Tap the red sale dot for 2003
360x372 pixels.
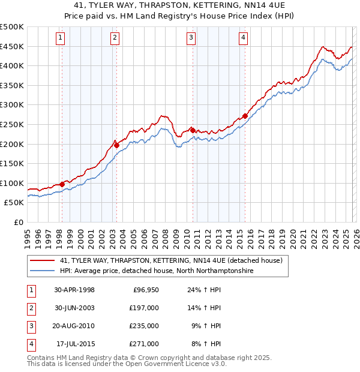point(116,145)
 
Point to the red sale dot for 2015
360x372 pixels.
point(245,116)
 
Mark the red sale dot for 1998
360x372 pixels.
point(62,184)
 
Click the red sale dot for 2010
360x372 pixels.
point(193,130)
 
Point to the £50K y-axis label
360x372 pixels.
point(14,203)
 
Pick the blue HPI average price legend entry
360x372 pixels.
point(157,271)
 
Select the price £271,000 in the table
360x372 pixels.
point(145,344)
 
